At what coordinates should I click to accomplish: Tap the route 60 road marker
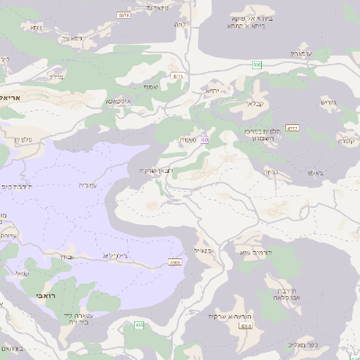pos(205,139)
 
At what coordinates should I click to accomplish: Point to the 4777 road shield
pos(292,128)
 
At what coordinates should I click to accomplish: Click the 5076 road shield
pos(123,15)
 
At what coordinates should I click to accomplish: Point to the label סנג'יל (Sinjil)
pos(202,252)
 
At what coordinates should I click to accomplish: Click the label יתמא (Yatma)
pos(212,90)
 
